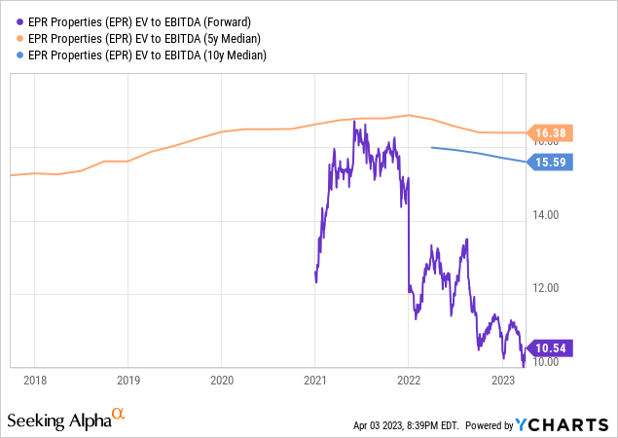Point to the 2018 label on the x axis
click(34, 380)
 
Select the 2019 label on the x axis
click(127, 380)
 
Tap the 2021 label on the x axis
click(315, 380)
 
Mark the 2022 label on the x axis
click(409, 380)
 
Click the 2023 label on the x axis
click(502, 380)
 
